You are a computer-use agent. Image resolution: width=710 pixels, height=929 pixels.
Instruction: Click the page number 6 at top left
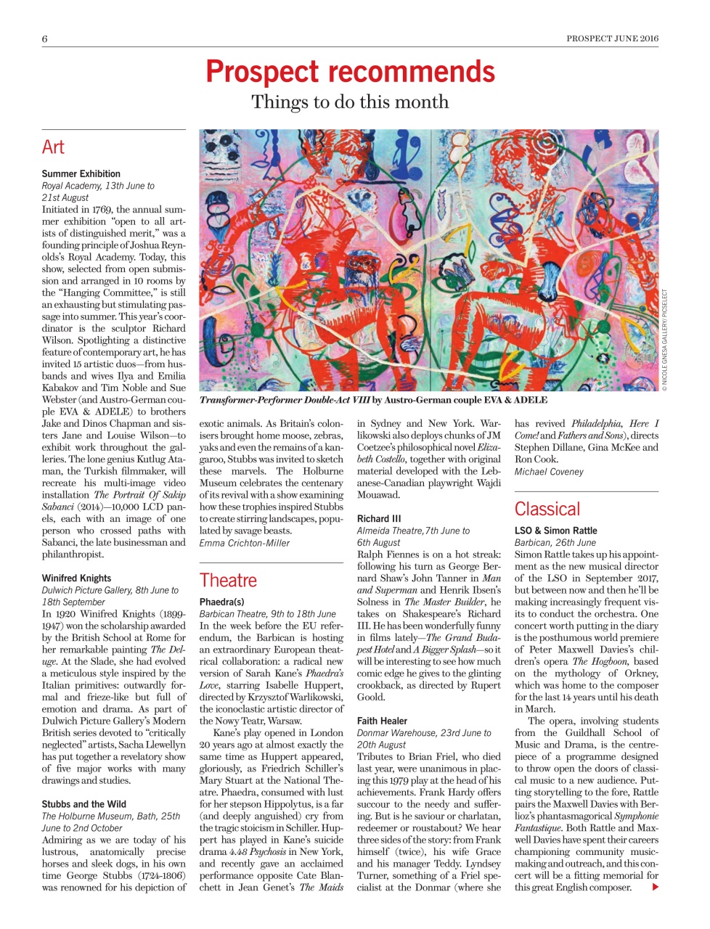tap(45, 39)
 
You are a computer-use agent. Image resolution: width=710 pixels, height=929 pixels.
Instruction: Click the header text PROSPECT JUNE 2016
tap(612, 39)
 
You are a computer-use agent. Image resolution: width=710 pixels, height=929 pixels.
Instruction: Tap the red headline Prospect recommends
tap(350, 72)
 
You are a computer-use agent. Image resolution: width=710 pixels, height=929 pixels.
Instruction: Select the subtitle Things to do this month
tap(350, 102)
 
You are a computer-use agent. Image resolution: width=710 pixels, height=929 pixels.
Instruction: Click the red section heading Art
tap(53, 147)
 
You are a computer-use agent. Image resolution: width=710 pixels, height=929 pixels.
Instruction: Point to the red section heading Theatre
tap(228, 581)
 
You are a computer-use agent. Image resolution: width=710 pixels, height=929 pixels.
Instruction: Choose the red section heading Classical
tap(547, 509)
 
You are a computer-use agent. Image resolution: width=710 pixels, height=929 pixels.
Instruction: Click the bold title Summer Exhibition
tap(81, 174)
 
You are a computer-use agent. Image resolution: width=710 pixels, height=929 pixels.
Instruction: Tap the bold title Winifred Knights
tap(76, 578)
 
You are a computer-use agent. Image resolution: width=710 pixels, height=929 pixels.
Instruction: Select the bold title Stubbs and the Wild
tap(83, 804)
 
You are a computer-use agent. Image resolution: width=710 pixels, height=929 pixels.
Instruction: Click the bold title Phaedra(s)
tap(221, 602)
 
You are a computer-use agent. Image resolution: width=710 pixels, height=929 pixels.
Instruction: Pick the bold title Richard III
tap(378, 519)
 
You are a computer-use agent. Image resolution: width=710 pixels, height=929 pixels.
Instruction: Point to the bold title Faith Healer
tap(382, 721)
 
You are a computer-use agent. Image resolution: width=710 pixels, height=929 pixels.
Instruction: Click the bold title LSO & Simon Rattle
tap(555, 531)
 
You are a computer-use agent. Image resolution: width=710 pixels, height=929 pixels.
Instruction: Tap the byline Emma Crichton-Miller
tap(244, 543)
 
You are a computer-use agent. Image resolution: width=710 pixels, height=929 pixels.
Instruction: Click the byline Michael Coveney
tap(549, 472)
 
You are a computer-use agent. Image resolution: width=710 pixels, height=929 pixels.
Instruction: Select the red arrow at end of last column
tap(656, 887)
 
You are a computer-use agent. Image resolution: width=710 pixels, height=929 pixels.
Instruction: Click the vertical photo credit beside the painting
tap(664, 341)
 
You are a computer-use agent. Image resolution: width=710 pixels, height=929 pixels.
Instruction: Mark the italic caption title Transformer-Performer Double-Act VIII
tap(285, 400)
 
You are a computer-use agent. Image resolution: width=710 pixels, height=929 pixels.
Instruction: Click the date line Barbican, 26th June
tap(555, 542)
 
